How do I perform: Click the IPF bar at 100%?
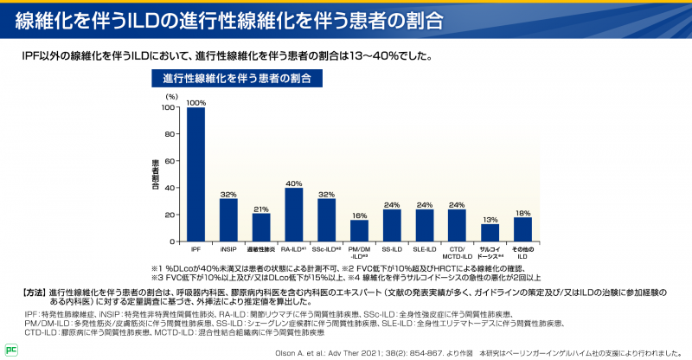[195, 173]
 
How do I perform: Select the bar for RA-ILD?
[293, 214]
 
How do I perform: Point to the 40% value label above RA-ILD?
[293, 183]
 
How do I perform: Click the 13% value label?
[490, 219]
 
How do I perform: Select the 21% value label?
[260, 209]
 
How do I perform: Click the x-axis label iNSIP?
[228, 249]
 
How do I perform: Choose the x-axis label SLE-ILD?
[424, 249]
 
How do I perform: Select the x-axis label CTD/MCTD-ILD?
[457, 253]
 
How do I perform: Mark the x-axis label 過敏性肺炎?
[260, 249]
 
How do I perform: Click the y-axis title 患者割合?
[156, 174]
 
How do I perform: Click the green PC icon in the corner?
[10, 350]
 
